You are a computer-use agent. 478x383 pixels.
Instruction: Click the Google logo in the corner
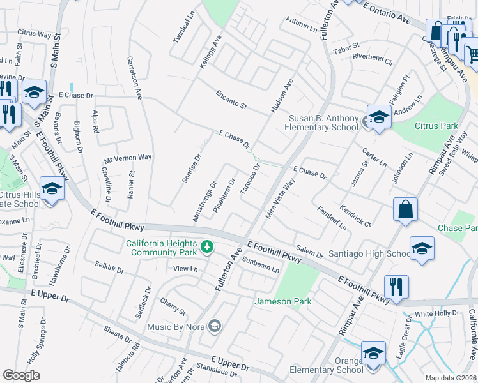tap(22, 375)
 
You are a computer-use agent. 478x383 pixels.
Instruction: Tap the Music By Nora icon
tap(215, 327)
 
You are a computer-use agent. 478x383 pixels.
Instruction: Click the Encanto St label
tap(231, 100)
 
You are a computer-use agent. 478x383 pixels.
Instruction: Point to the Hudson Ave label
tap(282, 96)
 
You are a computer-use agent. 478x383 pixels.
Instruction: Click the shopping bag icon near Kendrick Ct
tap(405, 209)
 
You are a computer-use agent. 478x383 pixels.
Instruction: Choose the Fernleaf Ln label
tap(332, 218)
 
